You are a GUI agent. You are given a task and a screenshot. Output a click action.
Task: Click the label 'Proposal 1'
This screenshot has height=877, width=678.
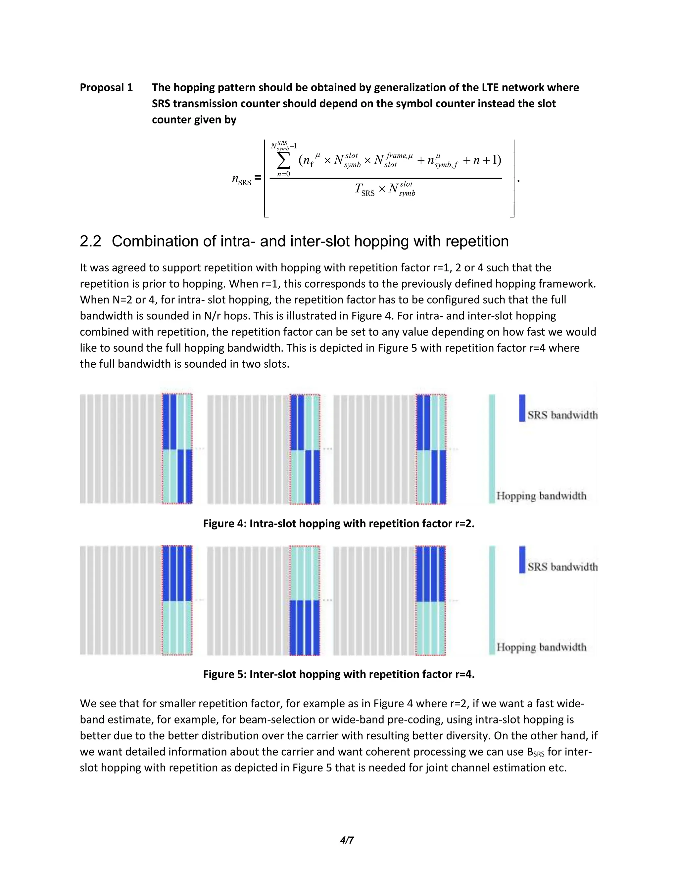pos(106,88)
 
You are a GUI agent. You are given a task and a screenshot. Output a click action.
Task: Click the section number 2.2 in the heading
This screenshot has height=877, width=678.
pos(90,241)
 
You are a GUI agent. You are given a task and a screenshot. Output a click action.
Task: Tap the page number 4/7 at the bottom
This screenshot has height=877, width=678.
pos(347,840)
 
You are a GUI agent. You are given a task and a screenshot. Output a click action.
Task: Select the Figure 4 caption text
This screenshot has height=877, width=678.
pos(339,524)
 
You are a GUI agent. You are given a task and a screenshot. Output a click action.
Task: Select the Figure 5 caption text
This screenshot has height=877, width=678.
pos(339,674)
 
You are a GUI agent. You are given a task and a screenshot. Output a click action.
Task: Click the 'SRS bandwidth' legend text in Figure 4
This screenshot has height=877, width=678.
pos(562,415)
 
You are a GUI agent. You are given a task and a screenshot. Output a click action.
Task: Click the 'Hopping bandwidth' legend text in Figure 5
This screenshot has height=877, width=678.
pos(541,647)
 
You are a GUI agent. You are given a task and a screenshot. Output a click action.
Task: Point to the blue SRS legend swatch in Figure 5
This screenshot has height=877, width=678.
pos(522,559)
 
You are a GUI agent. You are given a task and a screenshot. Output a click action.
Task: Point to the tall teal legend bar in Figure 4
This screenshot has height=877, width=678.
pos(492,448)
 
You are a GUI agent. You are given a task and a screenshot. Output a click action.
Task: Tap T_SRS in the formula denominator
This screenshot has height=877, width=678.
pos(364,189)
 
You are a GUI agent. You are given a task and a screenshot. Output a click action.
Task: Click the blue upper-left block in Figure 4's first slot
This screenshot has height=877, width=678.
pos(169,422)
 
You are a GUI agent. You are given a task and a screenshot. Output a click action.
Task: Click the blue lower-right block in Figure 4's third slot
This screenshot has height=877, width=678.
pos(438,477)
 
